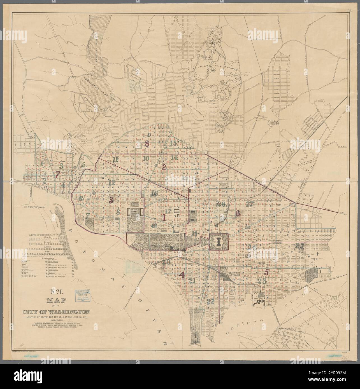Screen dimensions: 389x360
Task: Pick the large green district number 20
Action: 166,262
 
